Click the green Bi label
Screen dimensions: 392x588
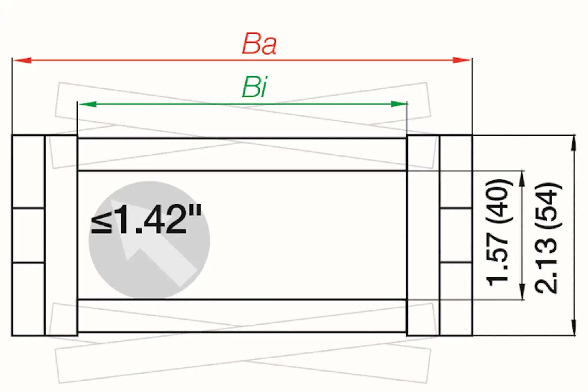(254, 87)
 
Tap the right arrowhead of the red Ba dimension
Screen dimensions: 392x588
(462, 60)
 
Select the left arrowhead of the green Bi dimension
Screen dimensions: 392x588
(88, 104)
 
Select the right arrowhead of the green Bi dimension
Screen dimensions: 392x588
(399, 104)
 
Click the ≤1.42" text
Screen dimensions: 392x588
(146, 220)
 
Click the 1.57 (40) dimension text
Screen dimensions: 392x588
(498, 233)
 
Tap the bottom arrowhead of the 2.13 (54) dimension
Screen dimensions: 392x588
(573, 327)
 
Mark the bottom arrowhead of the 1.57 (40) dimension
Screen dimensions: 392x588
(522, 292)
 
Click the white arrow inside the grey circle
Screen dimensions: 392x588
(152, 247)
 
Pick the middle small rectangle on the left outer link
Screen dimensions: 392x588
(28, 235)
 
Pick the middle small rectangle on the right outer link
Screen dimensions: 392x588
(456, 235)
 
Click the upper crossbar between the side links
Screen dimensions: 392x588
(242, 155)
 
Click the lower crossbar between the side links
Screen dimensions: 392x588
(242, 316)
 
